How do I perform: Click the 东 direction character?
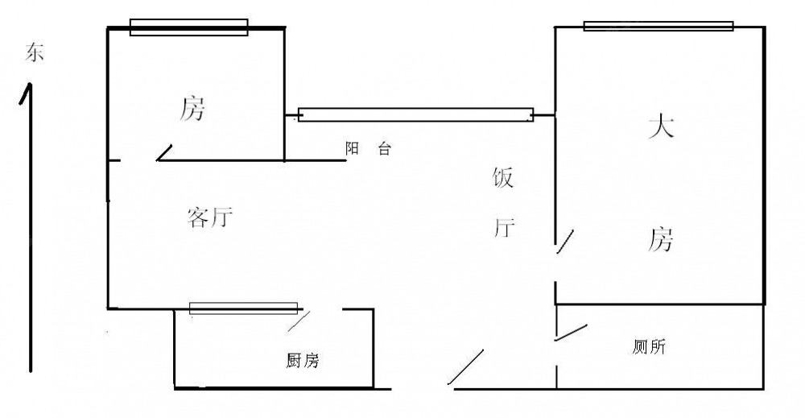[35, 54]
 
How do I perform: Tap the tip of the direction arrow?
[30, 85]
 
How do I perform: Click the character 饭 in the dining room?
[503, 178]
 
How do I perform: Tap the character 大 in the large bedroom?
[661, 127]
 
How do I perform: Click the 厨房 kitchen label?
[303, 361]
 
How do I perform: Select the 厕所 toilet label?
[649, 348]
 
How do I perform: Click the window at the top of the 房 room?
[188, 28]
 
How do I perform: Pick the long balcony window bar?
[415, 115]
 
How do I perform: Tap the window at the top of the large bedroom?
[658, 26]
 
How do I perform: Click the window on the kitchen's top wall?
[243, 308]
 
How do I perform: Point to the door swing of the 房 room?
[164, 152]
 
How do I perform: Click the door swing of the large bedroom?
[565, 241]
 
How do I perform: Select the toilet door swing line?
[572, 332]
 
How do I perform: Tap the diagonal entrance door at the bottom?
[466, 366]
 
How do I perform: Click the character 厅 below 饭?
[503, 229]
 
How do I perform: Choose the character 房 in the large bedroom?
[661, 239]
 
